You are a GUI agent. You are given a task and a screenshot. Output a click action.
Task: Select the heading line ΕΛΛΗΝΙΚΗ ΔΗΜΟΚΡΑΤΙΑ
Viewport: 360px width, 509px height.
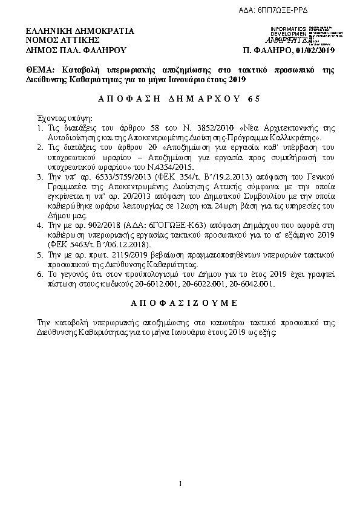click(x=80, y=31)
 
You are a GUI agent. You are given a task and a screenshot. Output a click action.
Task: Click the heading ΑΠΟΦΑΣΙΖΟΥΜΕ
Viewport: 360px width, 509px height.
click(x=180, y=302)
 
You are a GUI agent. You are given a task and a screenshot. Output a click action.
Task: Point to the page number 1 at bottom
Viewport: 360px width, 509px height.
click(x=180, y=484)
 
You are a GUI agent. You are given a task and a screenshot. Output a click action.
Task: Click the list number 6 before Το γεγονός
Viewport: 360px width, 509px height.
click(x=39, y=273)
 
